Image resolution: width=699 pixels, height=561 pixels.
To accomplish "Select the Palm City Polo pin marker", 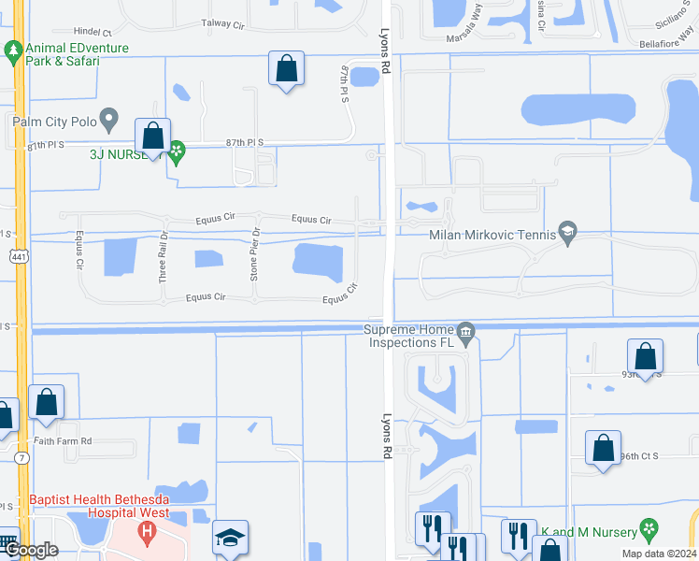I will pos(109,120).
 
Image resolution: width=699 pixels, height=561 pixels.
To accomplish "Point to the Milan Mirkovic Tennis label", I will pos(493,237).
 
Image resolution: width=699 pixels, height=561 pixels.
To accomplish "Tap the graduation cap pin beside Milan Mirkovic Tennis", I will pos(566,230).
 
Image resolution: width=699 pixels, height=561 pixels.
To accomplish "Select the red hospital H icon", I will pos(146,533).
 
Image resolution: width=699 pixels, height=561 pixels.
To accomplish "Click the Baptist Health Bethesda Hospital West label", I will pos(98,506).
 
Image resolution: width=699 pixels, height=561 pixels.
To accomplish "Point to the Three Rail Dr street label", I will pos(163,256).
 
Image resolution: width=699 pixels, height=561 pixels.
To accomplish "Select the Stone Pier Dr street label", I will pos(254,255).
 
